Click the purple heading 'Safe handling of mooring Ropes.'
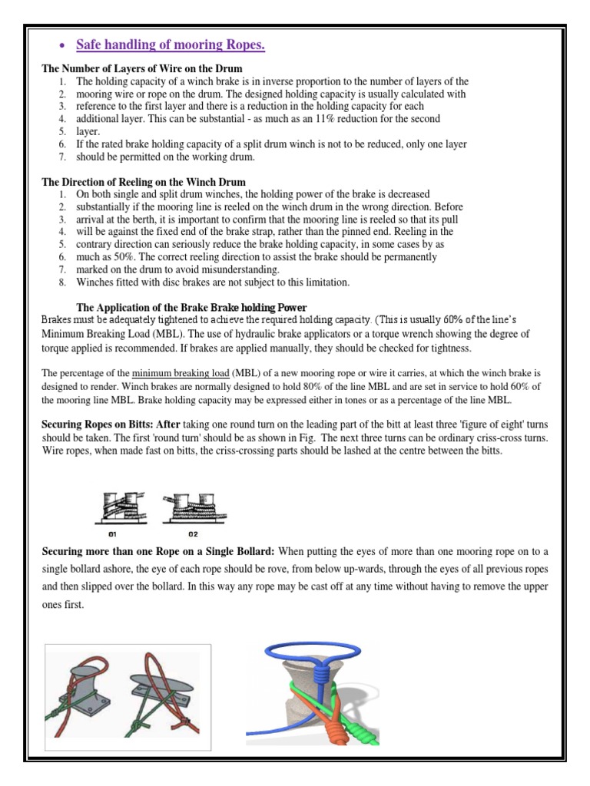(x=170, y=46)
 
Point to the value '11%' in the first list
(x=353, y=119)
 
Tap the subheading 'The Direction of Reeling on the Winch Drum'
(x=144, y=182)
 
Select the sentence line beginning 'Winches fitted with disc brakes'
(x=213, y=282)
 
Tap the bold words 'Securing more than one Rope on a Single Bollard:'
(x=158, y=551)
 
